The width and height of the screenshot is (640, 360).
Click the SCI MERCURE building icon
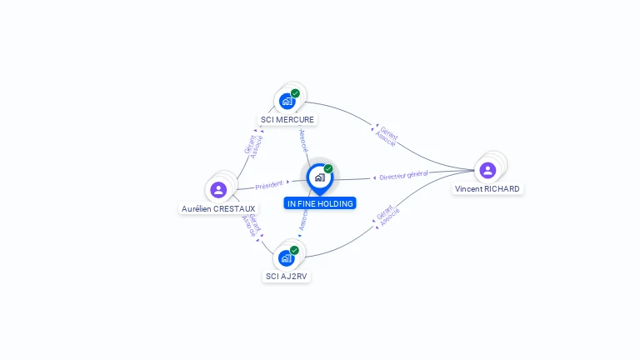coord(287,101)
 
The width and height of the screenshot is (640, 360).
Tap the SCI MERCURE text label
coord(287,119)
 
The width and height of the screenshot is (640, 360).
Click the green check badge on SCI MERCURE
coord(295,93)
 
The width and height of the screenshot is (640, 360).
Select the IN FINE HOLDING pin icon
coord(319,177)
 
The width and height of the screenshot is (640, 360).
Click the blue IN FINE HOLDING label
coord(320,203)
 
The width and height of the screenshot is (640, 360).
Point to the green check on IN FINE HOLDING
coord(328,169)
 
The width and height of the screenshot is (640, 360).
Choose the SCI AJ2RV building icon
coord(287,257)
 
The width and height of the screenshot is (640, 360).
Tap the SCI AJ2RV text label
coord(287,276)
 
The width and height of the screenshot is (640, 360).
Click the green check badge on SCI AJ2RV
coord(294,250)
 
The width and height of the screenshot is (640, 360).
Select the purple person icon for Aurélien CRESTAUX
coord(218,189)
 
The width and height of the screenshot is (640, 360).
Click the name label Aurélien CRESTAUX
coord(218,208)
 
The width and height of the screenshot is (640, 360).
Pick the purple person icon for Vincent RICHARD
coord(487,170)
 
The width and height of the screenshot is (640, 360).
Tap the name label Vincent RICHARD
coord(487,189)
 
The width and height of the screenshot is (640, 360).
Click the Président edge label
coord(269,185)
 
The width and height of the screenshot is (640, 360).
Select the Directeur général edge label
coord(403,176)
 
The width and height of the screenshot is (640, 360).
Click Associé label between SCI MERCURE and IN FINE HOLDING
coord(303,139)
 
